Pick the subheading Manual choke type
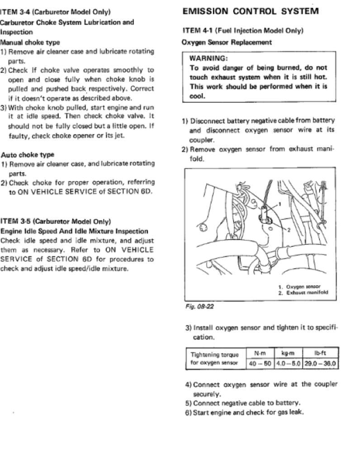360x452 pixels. (30, 42)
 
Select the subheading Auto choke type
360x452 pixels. (28, 155)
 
